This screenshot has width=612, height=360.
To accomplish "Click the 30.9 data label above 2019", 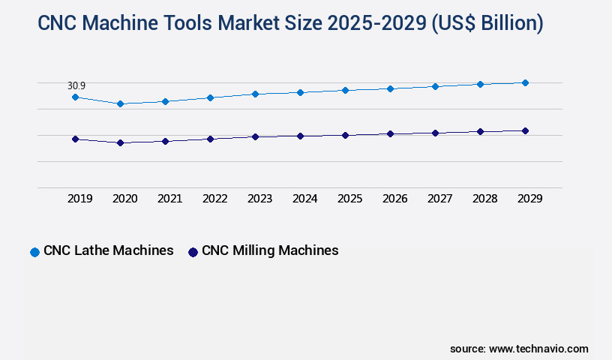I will click(76, 85).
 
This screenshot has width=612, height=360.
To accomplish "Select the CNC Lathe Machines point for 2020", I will click(120, 103).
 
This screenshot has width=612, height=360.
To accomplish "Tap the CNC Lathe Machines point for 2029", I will click(525, 82).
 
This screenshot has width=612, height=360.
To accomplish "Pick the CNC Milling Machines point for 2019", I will click(75, 139).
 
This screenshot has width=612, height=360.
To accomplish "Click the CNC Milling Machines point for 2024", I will click(300, 136).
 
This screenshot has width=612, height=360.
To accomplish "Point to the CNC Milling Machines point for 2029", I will click(525, 130).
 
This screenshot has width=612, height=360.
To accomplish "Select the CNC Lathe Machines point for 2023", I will click(255, 94).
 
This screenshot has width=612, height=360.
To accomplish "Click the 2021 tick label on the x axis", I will click(169, 199).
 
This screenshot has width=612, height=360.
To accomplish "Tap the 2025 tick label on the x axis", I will click(349, 199).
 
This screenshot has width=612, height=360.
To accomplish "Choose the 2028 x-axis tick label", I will click(484, 199).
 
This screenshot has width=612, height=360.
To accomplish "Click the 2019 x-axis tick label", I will click(79, 199).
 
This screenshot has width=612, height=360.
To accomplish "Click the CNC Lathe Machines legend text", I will click(109, 250).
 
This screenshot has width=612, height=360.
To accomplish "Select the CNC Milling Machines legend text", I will click(270, 250).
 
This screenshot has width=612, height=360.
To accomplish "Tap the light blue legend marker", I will click(34, 252).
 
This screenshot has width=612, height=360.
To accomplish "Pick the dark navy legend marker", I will click(193, 252).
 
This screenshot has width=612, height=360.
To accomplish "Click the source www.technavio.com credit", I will click(519, 349).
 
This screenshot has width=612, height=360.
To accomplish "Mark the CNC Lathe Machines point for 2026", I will click(390, 88).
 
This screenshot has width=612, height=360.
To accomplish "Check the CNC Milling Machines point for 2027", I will click(435, 133).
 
